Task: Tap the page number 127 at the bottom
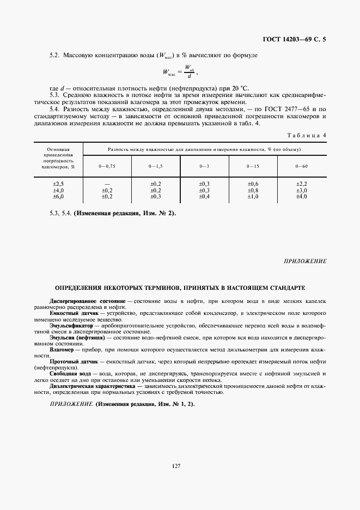point(176,465)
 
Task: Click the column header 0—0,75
point(107,166)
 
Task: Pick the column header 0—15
point(253,166)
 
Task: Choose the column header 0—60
point(301,166)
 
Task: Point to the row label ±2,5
point(58,184)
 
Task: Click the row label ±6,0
point(58,196)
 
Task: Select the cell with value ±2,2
point(301,184)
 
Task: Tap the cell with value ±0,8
point(253,190)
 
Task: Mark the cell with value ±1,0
point(253,196)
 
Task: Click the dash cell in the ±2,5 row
point(107,184)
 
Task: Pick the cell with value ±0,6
point(253,184)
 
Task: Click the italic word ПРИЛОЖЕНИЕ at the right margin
point(305,261)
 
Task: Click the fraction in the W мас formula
point(188,71)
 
